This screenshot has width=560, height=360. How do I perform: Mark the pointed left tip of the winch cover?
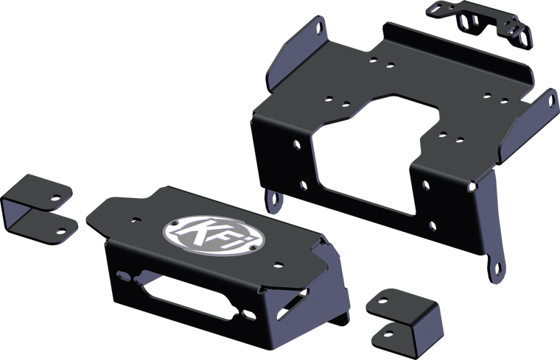88,216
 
